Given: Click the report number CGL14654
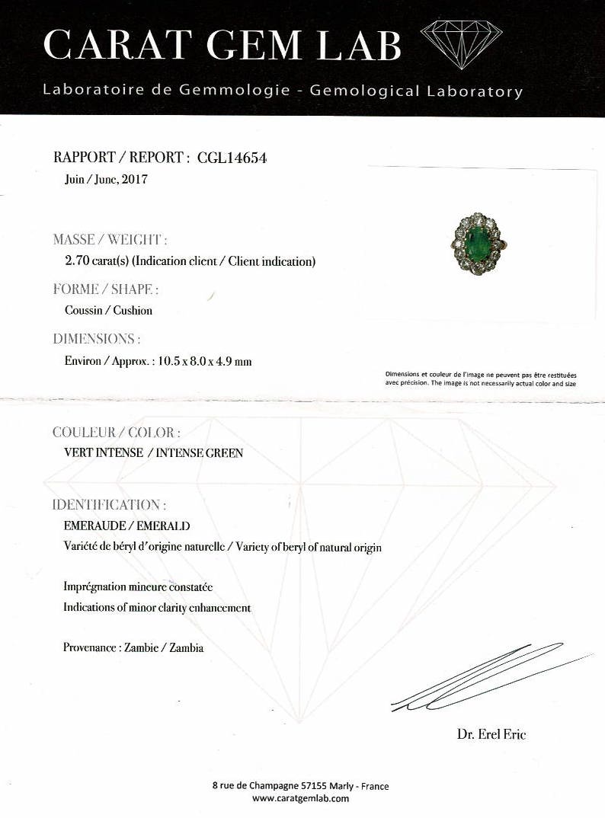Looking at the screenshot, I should [x=232, y=158].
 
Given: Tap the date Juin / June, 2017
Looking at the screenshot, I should [x=106, y=181].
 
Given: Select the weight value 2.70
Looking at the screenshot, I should [x=78, y=261].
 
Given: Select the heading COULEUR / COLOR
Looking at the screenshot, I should [x=116, y=433].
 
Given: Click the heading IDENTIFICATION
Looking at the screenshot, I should [x=108, y=505].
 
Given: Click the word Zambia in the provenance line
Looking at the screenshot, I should [x=187, y=648].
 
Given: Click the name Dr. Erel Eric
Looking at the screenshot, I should [x=491, y=734].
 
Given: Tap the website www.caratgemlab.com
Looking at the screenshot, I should [x=301, y=798].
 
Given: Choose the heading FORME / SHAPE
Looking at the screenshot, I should [x=106, y=289].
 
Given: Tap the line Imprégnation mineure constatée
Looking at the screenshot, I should [x=138, y=587].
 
